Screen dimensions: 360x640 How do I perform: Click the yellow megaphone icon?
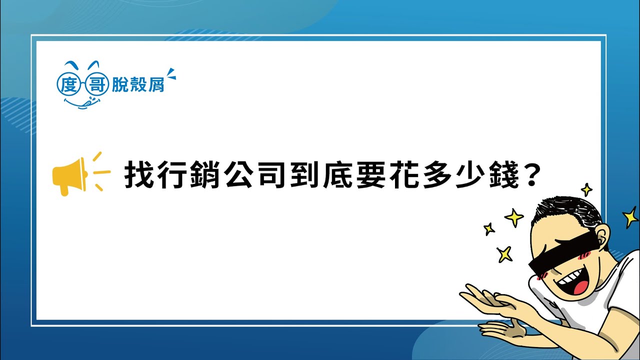pyautogui.click(x=70, y=174)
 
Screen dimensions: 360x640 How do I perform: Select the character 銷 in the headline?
pyautogui.click(x=205, y=174)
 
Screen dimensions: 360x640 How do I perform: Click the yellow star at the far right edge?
pyautogui.click(x=630, y=217)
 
